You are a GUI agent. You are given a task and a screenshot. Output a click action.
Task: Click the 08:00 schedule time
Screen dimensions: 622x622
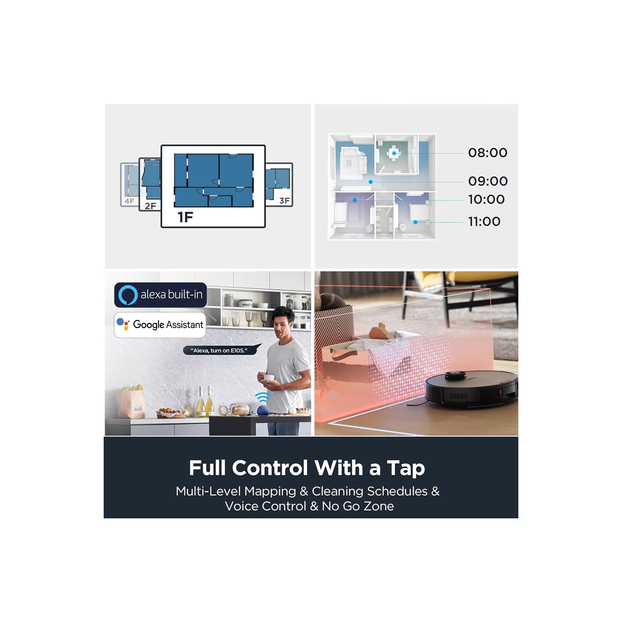(488, 153)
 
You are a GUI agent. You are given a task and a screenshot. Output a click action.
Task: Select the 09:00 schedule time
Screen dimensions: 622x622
(488, 181)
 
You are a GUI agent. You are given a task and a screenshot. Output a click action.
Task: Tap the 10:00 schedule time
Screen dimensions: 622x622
(486, 199)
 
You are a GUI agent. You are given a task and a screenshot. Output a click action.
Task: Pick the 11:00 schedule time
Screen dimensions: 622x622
(484, 221)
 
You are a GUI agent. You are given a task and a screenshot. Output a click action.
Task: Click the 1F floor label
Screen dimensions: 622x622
(185, 217)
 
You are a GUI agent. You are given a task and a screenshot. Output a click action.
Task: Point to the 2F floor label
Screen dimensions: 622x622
(151, 206)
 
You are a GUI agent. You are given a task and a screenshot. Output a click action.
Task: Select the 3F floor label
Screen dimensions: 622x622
(284, 201)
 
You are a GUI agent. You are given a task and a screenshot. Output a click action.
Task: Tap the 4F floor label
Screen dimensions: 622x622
(129, 201)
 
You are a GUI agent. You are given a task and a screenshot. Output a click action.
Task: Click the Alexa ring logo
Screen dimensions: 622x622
(128, 295)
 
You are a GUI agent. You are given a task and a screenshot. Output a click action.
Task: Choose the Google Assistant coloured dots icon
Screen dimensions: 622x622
(123, 324)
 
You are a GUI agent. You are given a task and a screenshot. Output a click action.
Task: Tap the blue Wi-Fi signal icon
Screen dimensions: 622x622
(262, 397)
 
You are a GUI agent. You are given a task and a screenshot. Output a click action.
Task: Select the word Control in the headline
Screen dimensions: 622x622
(270, 468)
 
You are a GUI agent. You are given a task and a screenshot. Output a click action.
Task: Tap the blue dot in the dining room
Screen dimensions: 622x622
(394, 153)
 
